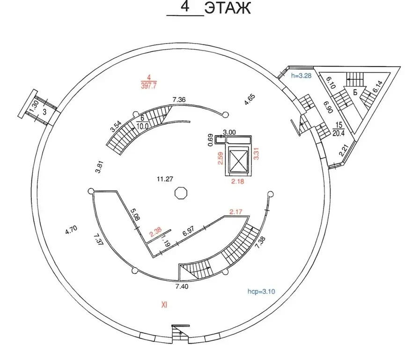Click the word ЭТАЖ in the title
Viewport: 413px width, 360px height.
click(x=228, y=8)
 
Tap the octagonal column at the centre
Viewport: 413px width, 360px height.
click(x=180, y=193)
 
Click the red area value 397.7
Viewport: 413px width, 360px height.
click(x=148, y=85)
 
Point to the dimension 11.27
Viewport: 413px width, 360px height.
click(x=164, y=178)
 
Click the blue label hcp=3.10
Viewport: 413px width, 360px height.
click(x=261, y=291)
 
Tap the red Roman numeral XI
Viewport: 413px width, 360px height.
click(x=164, y=305)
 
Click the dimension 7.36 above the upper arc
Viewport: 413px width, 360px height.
click(x=179, y=99)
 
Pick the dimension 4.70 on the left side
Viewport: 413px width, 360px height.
click(x=71, y=231)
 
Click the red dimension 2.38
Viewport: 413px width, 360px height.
click(x=155, y=231)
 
